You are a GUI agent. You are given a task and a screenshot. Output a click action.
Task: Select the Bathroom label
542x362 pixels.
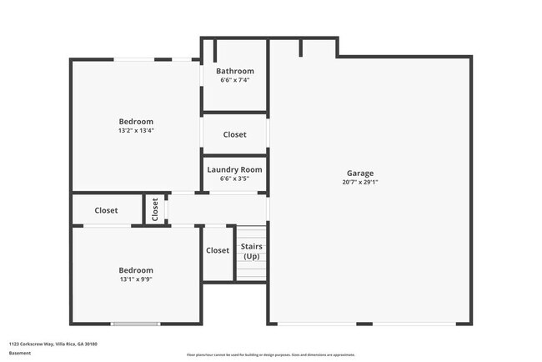(x=235, y=71)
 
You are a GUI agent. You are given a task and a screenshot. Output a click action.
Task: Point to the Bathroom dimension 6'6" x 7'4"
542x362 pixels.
(x=235, y=80)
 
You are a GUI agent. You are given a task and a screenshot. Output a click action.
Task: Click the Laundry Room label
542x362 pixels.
(x=235, y=169)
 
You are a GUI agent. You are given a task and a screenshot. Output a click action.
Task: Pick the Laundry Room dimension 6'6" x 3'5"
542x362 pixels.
(x=235, y=178)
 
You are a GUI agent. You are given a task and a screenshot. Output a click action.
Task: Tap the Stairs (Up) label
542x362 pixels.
(x=251, y=251)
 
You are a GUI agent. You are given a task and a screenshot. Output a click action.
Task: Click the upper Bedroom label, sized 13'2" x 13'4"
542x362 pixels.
(x=136, y=122)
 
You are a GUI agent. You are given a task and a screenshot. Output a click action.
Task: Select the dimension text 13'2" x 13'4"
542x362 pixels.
(x=136, y=130)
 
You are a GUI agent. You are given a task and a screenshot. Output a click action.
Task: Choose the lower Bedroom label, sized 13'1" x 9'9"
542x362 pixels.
(x=136, y=270)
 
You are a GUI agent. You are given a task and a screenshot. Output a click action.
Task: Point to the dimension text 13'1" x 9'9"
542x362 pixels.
(x=136, y=279)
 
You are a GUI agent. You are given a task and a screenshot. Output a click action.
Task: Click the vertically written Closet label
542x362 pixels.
(x=155, y=209)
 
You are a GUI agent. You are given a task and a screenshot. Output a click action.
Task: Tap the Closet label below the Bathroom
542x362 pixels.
(x=235, y=134)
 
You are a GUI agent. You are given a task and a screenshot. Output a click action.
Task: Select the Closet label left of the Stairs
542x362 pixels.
(x=218, y=250)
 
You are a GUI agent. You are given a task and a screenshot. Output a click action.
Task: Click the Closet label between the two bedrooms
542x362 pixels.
(x=106, y=210)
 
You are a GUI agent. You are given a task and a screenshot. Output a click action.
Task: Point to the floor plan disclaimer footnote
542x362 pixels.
(x=271, y=354)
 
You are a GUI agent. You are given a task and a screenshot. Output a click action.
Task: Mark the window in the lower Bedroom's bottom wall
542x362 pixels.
(x=135, y=324)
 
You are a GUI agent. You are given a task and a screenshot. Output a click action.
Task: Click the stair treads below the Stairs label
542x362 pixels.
(x=251, y=271)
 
